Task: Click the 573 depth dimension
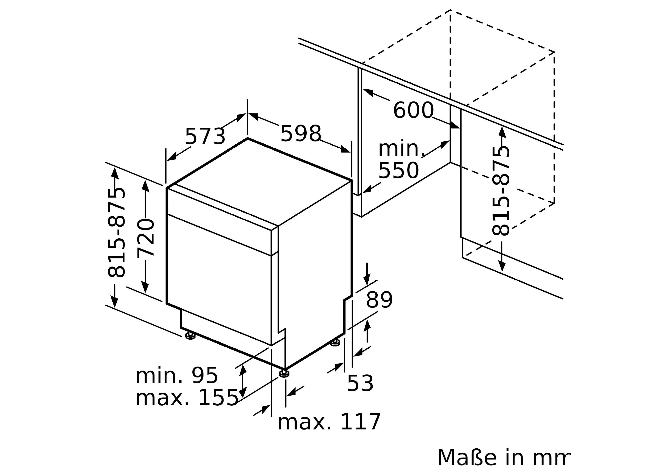(205, 136)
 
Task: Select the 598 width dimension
(301, 134)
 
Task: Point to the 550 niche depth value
(399, 171)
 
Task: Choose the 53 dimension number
(360, 384)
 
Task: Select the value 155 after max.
(218, 398)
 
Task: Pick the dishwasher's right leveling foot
(335, 343)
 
